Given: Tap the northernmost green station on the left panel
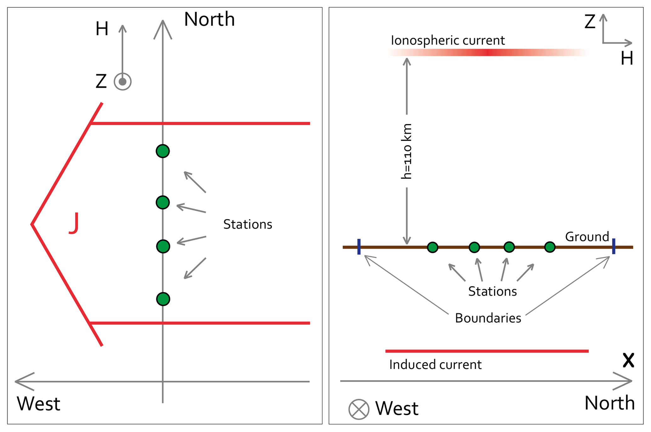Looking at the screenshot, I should (163, 151).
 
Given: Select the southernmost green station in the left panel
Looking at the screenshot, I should (163, 299).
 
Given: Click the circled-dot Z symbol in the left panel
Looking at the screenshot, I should (122, 82).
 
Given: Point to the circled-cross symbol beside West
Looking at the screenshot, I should (359, 409).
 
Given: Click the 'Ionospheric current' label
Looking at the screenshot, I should (448, 41).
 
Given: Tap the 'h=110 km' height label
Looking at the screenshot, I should (406, 151).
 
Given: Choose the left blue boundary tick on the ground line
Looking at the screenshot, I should (359, 247).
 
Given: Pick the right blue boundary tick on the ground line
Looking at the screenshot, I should (614, 246).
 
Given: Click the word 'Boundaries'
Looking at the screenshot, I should (488, 318).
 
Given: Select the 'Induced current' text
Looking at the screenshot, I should (435, 365).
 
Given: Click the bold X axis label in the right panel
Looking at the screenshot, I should (628, 360).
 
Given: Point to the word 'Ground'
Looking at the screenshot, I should (587, 237).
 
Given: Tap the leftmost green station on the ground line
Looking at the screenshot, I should (433, 247).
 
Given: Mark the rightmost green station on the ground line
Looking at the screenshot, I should (550, 247).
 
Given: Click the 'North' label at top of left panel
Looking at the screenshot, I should (209, 20).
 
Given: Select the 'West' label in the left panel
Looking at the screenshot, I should (38, 404).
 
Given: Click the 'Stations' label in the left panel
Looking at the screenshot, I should (248, 224).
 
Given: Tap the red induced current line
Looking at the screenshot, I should (487, 351).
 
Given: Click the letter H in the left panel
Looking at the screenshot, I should (102, 29).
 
